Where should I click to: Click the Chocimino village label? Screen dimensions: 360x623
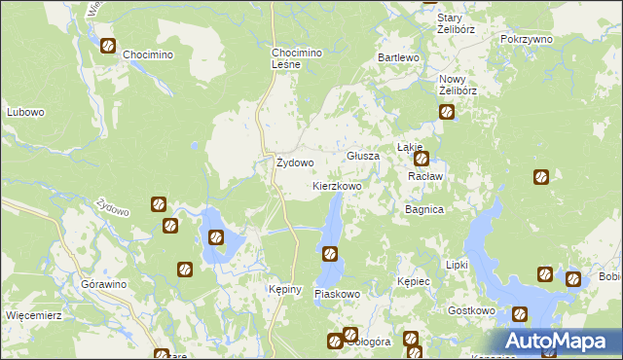click(147, 55)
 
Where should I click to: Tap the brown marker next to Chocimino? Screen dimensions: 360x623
click(108, 45)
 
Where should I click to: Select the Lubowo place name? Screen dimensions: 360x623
click(25, 112)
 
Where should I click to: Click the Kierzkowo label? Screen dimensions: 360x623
click(337, 185)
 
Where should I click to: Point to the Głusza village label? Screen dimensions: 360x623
click(363, 156)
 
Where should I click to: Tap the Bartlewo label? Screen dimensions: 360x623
click(398, 58)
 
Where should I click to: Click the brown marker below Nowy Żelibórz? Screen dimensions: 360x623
click(447, 112)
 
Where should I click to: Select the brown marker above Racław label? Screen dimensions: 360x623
click(421, 158)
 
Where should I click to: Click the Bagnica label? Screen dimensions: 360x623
click(424, 209)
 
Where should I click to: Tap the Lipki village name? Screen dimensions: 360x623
click(457, 265)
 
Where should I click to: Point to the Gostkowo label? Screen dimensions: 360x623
click(472, 310)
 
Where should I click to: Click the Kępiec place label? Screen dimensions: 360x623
click(414, 281)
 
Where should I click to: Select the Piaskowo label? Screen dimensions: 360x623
click(338, 293)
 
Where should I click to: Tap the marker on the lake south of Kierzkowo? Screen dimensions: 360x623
click(330, 254)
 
